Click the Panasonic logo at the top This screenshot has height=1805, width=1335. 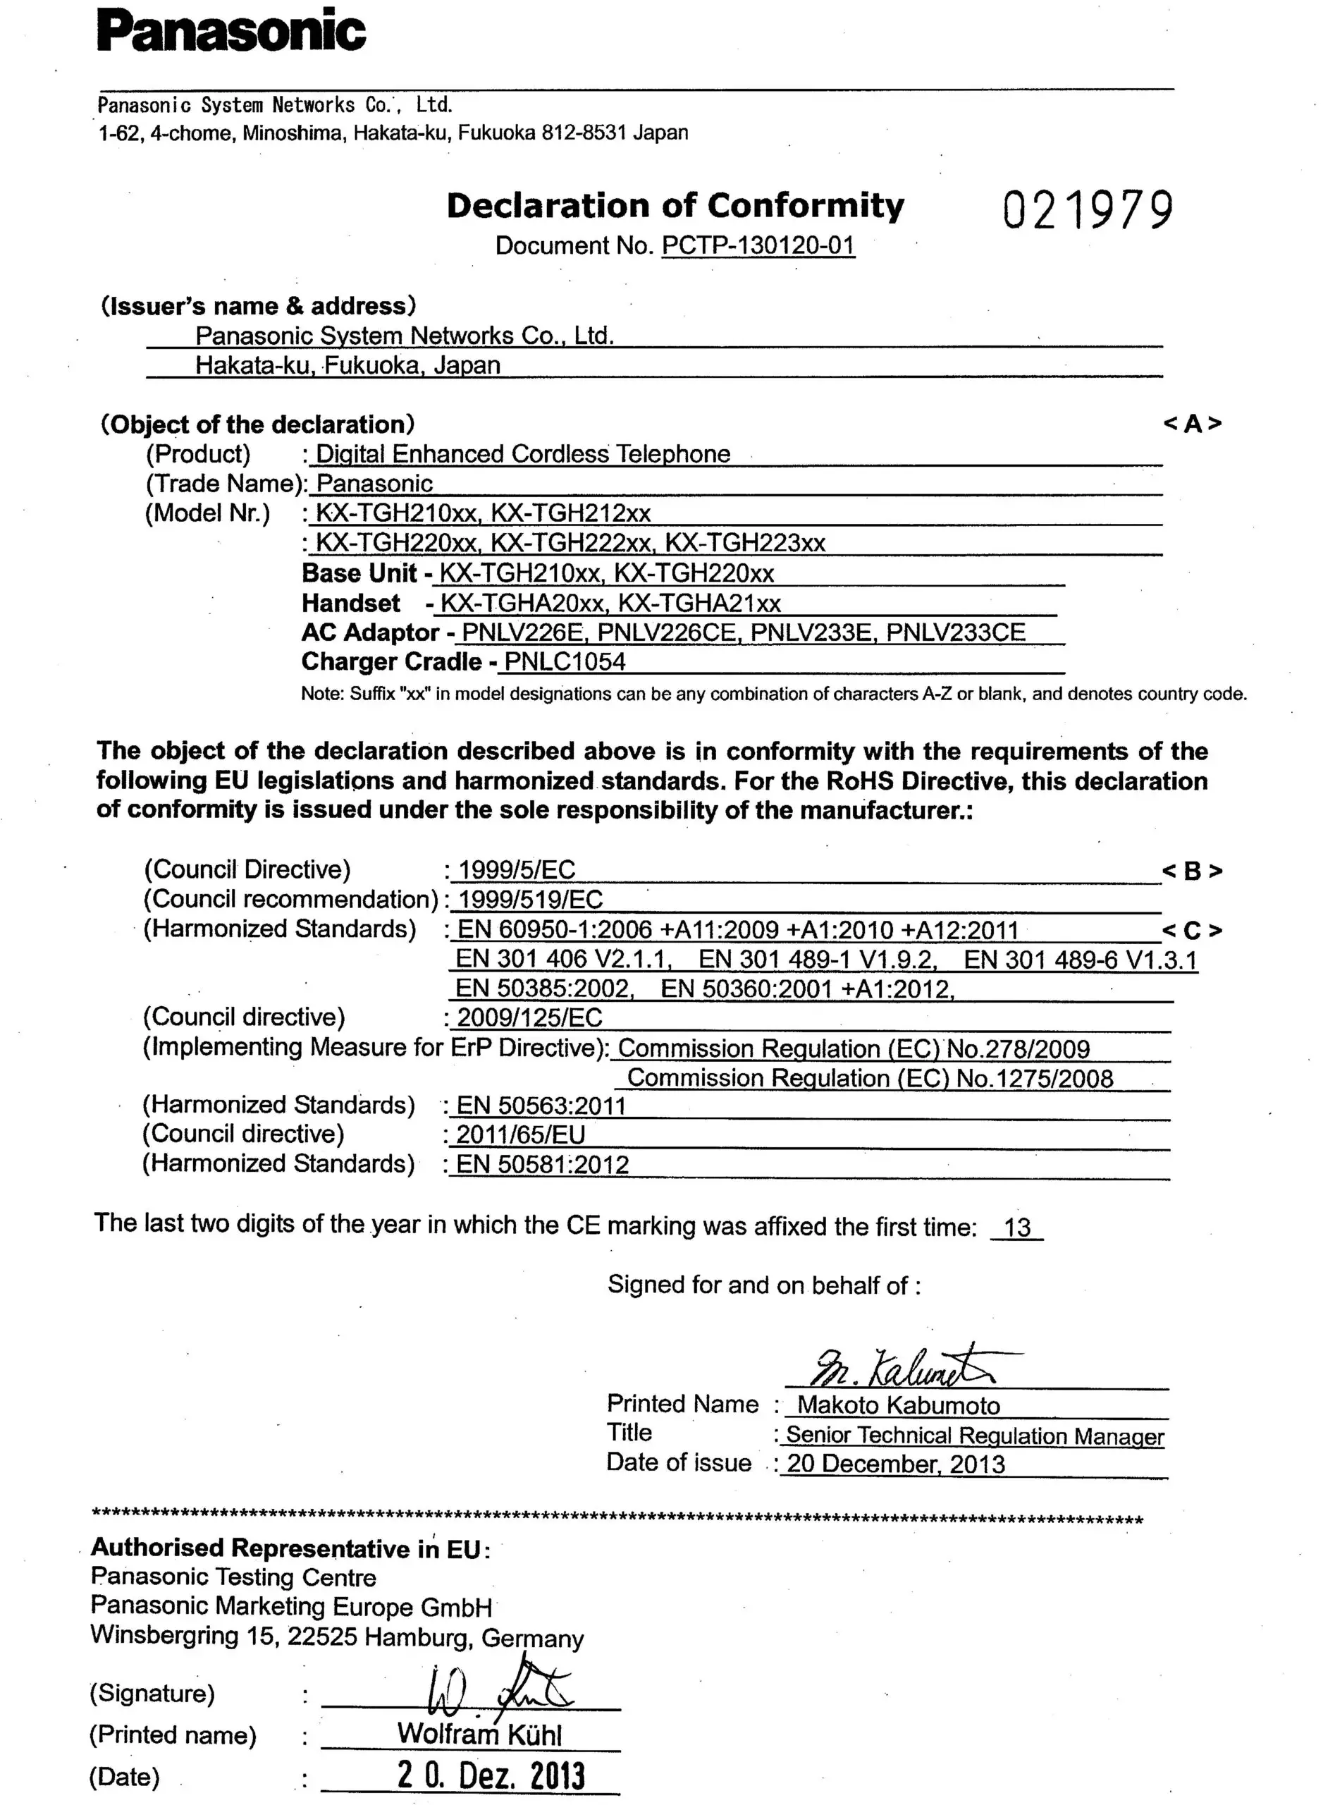point(231,31)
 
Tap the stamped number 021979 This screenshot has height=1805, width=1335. point(1088,210)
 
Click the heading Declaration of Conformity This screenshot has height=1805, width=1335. point(675,206)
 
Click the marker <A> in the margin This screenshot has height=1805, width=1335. point(1192,424)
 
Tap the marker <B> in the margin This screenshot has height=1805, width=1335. point(1192,871)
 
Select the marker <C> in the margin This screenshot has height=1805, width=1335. point(1192,931)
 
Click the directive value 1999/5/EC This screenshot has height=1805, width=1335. point(517,870)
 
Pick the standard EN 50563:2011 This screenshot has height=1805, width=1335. point(541,1105)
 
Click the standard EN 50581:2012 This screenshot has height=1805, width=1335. point(543,1164)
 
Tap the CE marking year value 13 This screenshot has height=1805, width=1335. point(1017,1227)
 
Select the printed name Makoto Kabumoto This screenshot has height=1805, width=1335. point(899,1405)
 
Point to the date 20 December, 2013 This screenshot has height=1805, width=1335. point(896,1464)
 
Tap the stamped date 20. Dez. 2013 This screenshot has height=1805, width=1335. point(491,1775)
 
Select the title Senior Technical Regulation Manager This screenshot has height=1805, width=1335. point(975,1435)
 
